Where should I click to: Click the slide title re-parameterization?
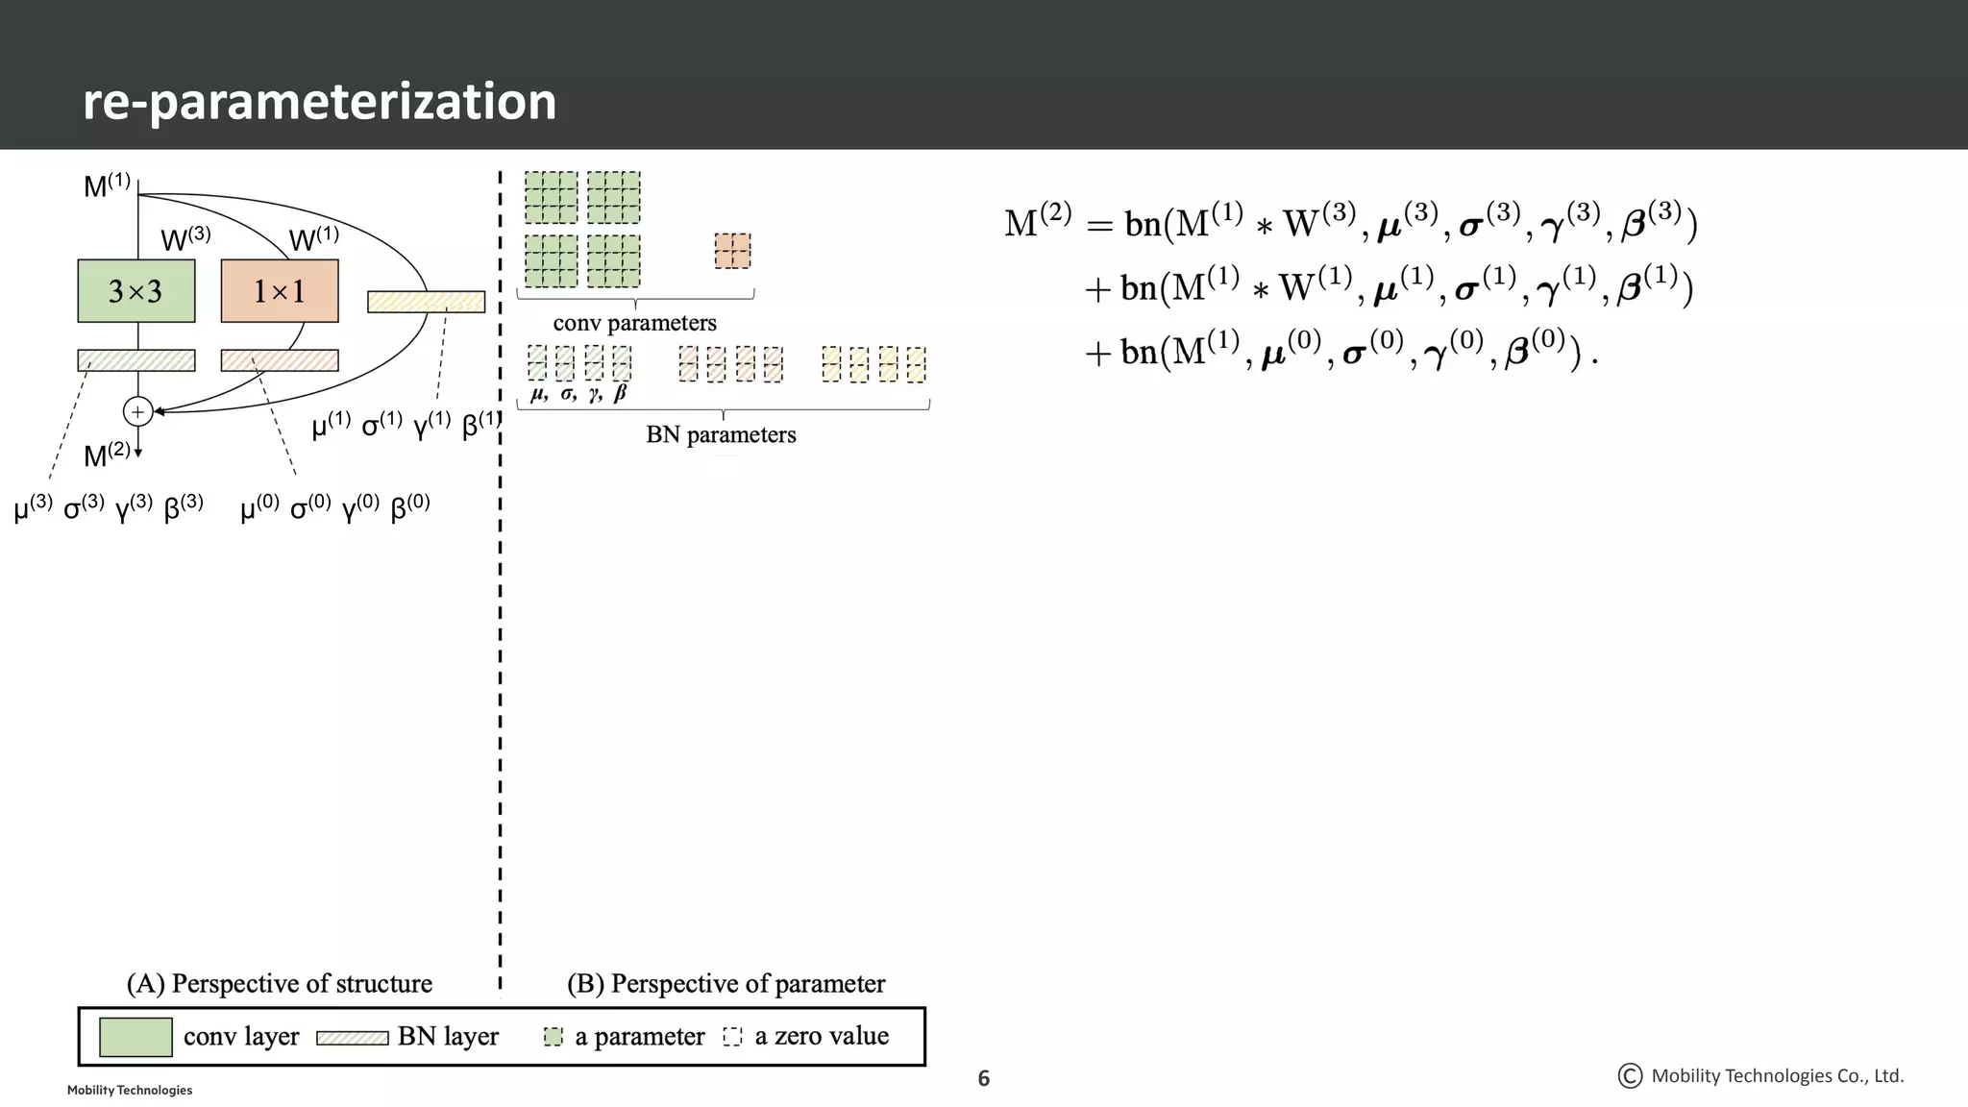point(319,101)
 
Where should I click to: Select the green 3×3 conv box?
point(135,290)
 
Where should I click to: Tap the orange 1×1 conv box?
point(280,290)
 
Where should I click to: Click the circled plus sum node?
point(138,412)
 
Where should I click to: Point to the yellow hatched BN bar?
point(426,302)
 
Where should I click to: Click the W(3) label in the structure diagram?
point(184,238)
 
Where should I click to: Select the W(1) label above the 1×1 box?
point(313,238)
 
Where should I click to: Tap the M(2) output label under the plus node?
point(107,455)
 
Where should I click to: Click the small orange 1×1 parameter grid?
point(732,251)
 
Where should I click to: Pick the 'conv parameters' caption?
point(634,323)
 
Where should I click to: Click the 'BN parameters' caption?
point(721,434)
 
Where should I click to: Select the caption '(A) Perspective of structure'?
point(280,983)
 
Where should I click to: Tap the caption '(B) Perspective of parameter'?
point(726,983)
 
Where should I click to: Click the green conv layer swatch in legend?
point(135,1037)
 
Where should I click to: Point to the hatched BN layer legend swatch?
point(352,1038)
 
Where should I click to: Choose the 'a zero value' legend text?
point(822,1036)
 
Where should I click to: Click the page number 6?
point(983,1078)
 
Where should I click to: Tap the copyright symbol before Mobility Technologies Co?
point(1630,1076)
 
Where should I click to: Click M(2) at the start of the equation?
point(1037,222)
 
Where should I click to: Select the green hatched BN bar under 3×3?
point(135,360)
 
